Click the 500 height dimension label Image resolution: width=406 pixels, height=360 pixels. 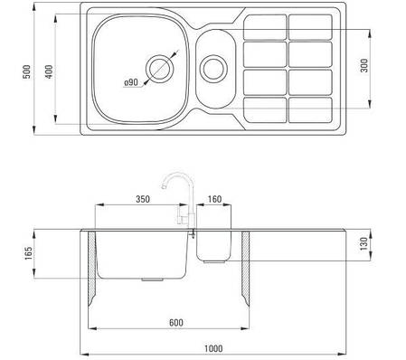(x=27, y=71)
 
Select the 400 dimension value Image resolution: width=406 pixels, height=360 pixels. (x=49, y=71)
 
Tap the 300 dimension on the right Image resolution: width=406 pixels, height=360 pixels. (x=364, y=65)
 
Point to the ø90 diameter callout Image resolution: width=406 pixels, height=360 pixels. (x=131, y=82)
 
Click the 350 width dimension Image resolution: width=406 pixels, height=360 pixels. (x=143, y=199)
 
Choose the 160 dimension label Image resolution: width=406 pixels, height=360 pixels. (x=214, y=199)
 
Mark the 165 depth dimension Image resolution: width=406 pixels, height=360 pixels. (x=28, y=253)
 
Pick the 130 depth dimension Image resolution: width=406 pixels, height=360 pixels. (x=364, y=243)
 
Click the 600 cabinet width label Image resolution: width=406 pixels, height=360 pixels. (x=176, y=323)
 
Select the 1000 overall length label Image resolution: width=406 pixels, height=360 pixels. (x=213, y=348)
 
